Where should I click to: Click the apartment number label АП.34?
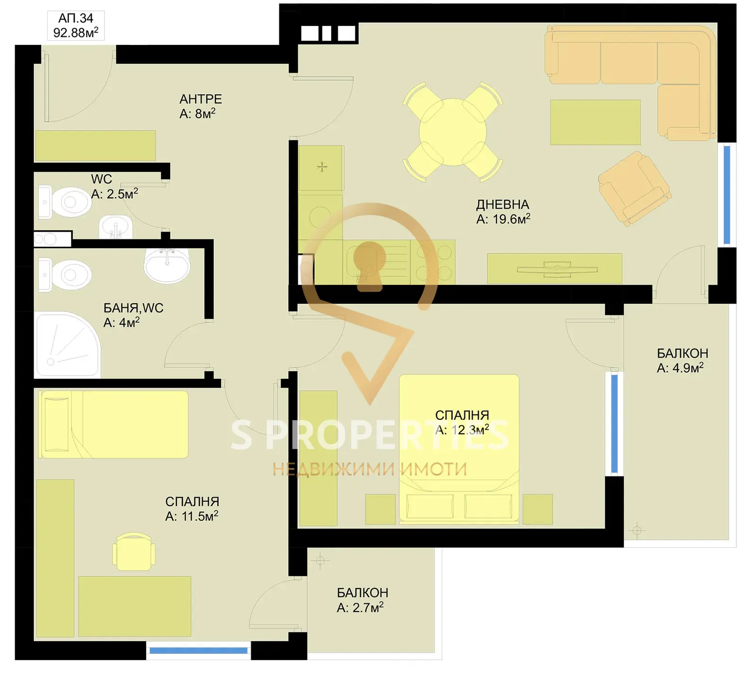click(x=76, y=18)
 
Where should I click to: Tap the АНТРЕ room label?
click(x=200, y=99)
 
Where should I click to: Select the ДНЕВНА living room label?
click(x=502, y=204)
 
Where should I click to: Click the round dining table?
click(x=452, y=132)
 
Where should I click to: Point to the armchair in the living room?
click(x=635, y=188)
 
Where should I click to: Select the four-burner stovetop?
click(x=433, y=262)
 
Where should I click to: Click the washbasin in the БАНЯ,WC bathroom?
click(x=167, y=265)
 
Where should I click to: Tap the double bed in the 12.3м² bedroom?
click(x=459, y=449)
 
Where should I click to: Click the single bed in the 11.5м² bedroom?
click(x=113, y=424)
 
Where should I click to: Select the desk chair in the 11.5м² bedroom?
click(x=134, y=551)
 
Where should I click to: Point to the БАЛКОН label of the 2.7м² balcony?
click(x=362, y=593)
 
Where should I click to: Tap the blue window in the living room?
click(x=727, y=195)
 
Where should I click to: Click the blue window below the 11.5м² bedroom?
click(x=198, y=651)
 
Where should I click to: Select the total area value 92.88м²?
click(x=76, y=32)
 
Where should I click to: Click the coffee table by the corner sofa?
click(x=595, y=122)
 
